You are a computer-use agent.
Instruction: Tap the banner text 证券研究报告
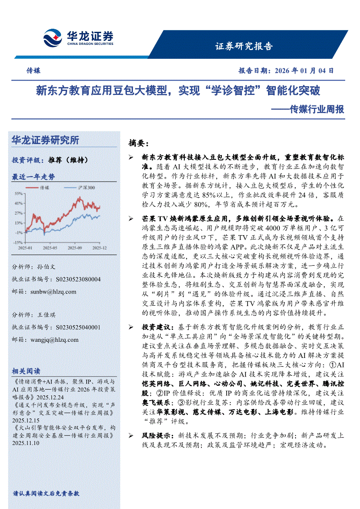244,47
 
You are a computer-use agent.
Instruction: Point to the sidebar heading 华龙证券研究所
46,140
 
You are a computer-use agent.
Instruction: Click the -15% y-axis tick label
18,242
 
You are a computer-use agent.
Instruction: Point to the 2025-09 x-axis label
75,248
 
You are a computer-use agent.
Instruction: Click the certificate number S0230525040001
78,327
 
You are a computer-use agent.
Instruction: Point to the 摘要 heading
138,143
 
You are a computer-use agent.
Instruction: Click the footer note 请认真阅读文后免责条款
46,494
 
